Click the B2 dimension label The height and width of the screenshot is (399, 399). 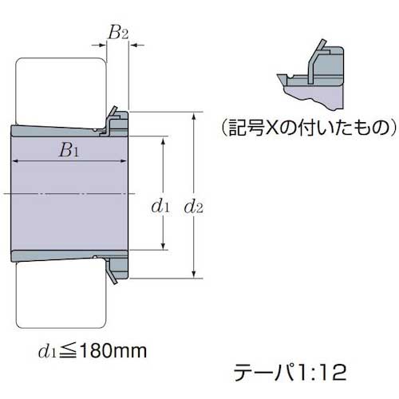click(x=117, y=34)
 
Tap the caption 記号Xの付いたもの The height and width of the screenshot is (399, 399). click(x=307, y=127)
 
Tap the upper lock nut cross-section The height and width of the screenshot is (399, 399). click(x=116, y=120)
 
